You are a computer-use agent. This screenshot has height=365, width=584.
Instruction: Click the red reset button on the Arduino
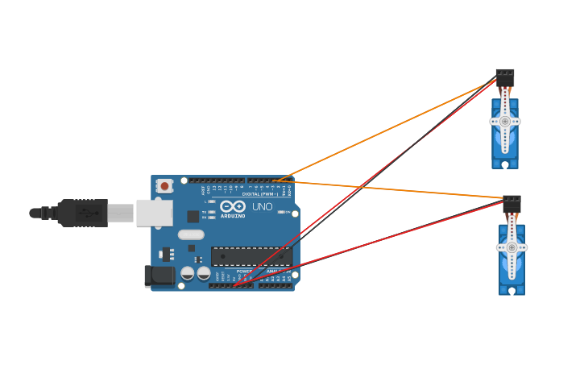[x=164, y=186]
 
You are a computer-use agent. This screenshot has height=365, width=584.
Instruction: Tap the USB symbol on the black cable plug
[x=89, y=214]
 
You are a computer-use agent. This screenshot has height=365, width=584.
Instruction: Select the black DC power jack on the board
[x=159, y=276]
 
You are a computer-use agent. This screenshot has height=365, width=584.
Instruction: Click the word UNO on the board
[x=263, y=207]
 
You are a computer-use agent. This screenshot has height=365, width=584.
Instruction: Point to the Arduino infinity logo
[x=232, y=206]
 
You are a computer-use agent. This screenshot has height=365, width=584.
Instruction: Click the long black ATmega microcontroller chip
[x=251, y=256]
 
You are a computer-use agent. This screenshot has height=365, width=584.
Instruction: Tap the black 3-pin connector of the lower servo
[x=512, y=204]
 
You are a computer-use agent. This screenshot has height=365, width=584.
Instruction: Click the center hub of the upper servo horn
[x=505, y=122]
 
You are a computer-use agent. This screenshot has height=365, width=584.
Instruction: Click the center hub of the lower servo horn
[x=512, y=247]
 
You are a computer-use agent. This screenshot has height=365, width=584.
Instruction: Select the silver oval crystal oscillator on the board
[x=191, y=234]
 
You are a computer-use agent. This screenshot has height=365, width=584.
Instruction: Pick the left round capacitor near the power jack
[x=188, y=273]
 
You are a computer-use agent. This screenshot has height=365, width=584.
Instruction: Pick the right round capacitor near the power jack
[x=204, y=273]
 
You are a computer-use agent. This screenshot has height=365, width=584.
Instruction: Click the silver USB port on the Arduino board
[x=154, y=213]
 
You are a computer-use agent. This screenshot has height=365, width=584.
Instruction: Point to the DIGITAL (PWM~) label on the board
[x=259, y=194]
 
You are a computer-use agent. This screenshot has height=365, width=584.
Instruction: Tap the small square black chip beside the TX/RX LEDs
[x=193, y=216]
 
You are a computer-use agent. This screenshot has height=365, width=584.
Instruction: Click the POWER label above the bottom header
[x=243, y=272]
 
